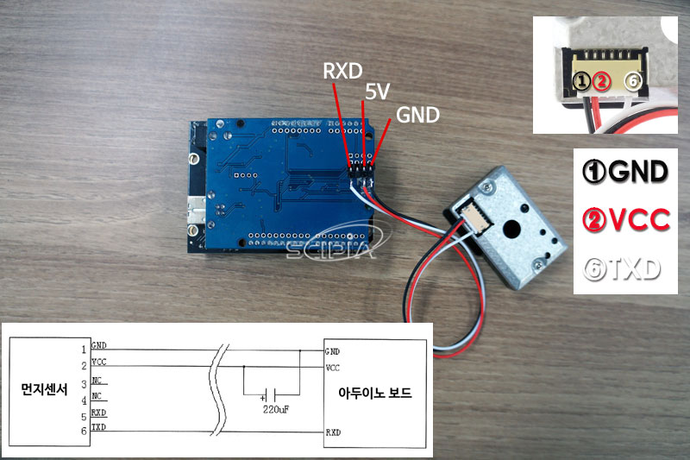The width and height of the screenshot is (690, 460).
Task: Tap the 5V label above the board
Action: pos(376,91)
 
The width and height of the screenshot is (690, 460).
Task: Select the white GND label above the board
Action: pos(417,114)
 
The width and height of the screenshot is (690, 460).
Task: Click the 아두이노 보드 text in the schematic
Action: pos(375,393)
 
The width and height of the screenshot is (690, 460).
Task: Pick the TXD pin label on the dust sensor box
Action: pos(98,427)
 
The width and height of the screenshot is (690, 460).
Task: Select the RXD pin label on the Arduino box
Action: pos(334,429)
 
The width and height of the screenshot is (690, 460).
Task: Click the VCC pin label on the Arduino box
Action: pos(333,367)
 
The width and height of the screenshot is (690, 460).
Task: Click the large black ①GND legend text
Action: pos(627,171)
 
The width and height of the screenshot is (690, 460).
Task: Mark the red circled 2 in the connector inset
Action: pos(602,82)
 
